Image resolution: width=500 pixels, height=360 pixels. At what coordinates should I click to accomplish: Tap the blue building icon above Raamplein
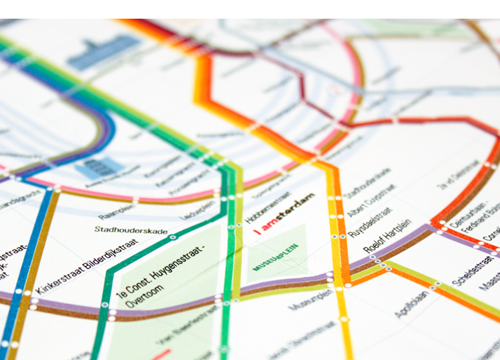(101, 167)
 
